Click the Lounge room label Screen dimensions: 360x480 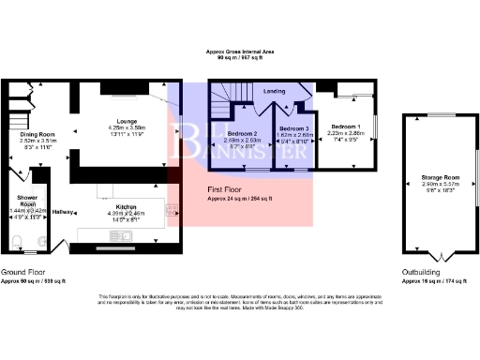125,119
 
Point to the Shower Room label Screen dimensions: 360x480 26,201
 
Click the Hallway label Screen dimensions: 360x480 64,212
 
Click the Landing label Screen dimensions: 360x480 275,91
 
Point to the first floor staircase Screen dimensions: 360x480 231,97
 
